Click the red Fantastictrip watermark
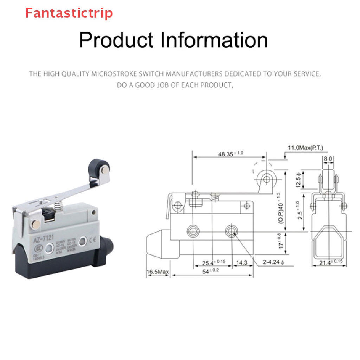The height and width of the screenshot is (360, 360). click(x=69, y=13)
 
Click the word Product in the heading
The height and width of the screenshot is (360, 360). click(x=116, y=40)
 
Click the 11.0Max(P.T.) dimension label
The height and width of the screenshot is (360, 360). click(x=306, y=148)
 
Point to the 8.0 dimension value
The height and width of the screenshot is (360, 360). click(x=328, y=159)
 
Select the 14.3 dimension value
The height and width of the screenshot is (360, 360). click(x=242, y=262)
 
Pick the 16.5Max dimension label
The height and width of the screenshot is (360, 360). click(x=158, y=272)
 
